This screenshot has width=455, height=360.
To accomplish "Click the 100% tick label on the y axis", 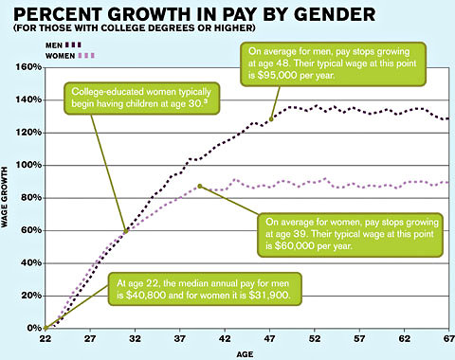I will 27,166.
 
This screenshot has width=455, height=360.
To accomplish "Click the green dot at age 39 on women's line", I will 200,186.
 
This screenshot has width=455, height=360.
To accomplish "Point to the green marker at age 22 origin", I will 45,328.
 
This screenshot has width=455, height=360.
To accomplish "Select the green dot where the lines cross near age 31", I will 127,230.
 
